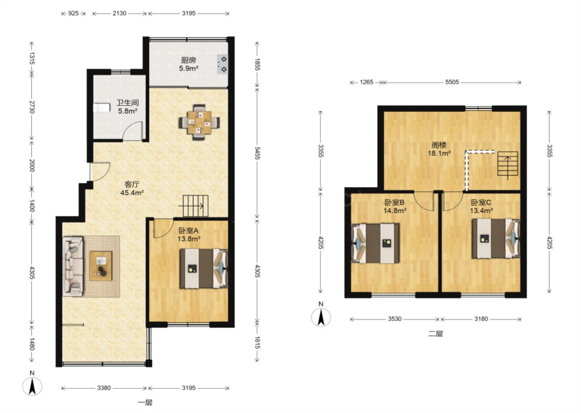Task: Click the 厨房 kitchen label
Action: tap(188, 60)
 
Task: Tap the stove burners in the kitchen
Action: tap(223, 64)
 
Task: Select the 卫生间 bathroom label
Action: tap(127, 103)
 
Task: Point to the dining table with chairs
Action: tap(199, 122)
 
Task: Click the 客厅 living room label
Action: tap(132, 185)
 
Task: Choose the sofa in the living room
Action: tap(73, 266)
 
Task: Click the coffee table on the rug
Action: tap(101, 266)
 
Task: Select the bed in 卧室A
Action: tap(204, 269)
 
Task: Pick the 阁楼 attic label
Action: tap(439, 145)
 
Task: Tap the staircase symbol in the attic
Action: tap(508, 164)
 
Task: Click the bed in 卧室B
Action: tap(375, 244)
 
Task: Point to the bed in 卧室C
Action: tap(496, 238)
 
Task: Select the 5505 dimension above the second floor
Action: tap(452, 82)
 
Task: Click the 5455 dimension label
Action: tap(257, 153)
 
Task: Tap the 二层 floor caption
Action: tap(435, 334)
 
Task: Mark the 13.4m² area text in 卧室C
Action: tap(481, 211)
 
